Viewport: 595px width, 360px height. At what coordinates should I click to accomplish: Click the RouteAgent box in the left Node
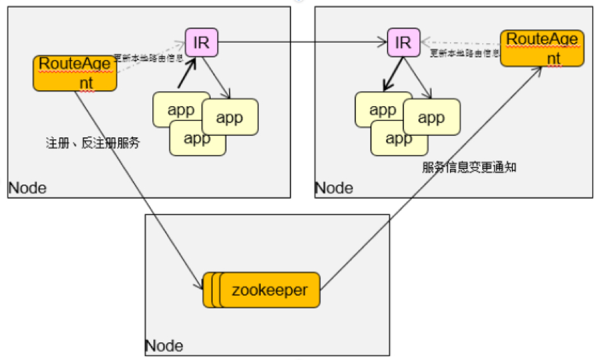(75, 73)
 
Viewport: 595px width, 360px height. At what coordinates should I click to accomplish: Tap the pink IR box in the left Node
(201, 43)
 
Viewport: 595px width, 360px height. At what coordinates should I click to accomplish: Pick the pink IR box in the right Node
(403, 43)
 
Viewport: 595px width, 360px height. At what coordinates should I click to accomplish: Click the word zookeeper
(270, 290)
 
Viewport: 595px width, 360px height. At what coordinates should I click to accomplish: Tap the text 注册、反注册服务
(92, 144)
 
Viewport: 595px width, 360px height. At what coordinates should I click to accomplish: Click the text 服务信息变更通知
(469, 168)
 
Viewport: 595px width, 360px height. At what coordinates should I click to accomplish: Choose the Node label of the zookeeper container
(164, 345)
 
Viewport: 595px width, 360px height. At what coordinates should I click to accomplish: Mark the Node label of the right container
(334, 188)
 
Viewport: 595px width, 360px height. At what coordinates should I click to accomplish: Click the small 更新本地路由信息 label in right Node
(465, 54)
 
